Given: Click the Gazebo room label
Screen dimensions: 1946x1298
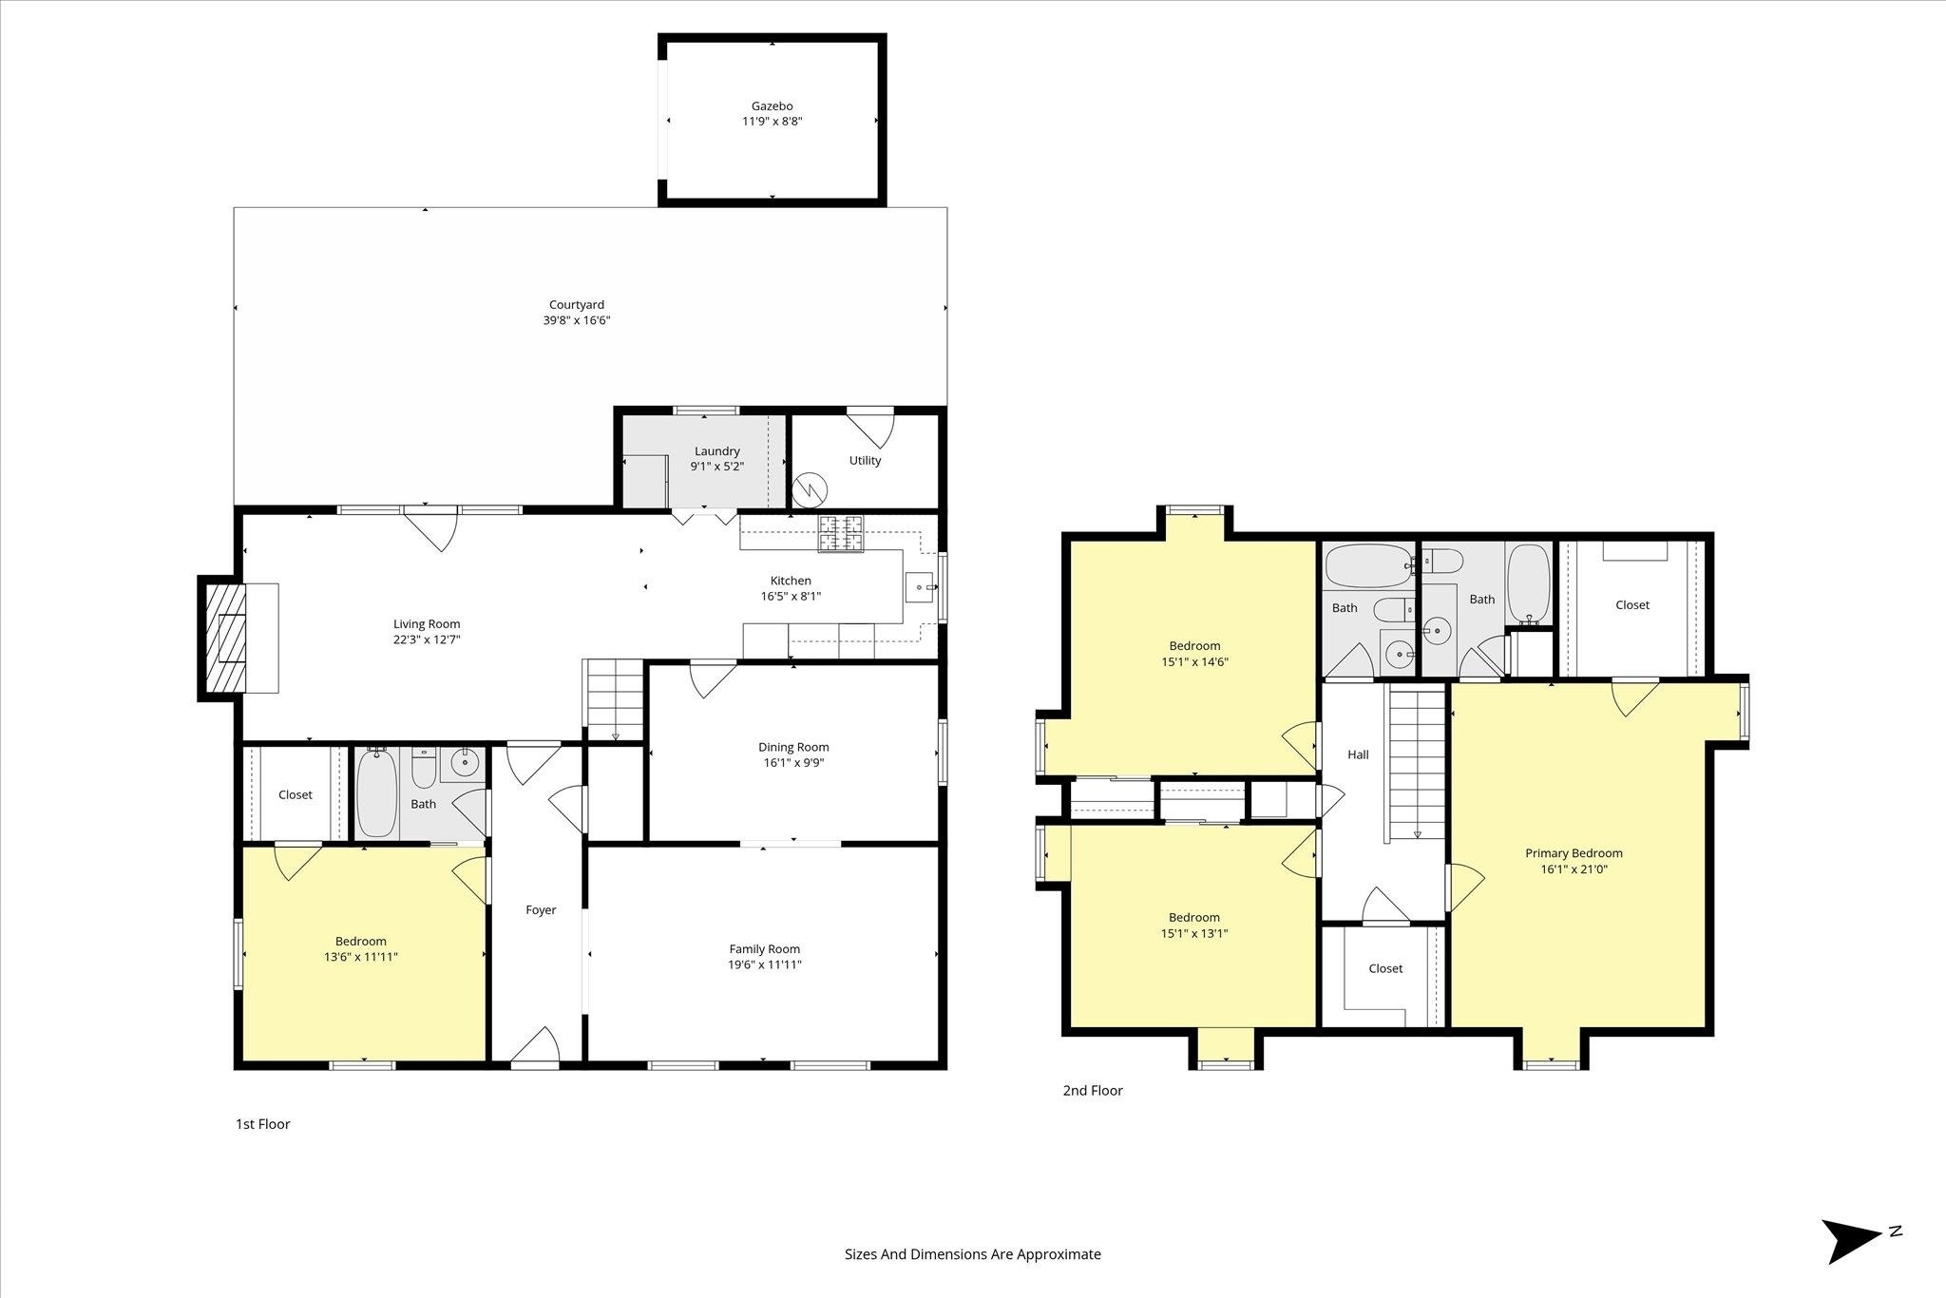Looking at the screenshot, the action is tap(772, 106).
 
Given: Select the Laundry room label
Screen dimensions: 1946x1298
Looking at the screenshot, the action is tap(716, 451).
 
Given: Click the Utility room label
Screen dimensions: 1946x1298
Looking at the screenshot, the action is tap(865, 461).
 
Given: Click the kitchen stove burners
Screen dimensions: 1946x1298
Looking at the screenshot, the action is tap(842, 534).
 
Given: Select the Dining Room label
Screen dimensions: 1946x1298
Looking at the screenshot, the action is tap(793, 747).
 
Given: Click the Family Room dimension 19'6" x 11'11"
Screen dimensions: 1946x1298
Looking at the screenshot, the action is tap(765, 964).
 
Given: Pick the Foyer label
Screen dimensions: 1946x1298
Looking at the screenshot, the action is tap(541, 910).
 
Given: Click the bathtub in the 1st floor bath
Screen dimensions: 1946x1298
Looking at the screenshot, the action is tap(377, 793).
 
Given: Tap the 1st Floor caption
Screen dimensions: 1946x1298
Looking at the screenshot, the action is tap(262, 1124).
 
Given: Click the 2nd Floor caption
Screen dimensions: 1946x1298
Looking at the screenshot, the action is tap(1093, 1091).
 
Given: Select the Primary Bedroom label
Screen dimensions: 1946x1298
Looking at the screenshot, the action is tap(1574, 853).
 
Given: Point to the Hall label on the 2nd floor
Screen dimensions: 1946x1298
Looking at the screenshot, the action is tap(1358, 754).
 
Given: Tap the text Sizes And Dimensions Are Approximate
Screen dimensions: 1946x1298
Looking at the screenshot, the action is tap(972, 1254).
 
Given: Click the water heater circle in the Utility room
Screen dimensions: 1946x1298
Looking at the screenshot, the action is tap(811, 489).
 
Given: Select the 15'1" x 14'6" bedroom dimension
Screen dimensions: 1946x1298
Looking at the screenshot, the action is tap(1194, 662).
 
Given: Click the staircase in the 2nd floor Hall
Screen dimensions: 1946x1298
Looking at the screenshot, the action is tap(1417, 765).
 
